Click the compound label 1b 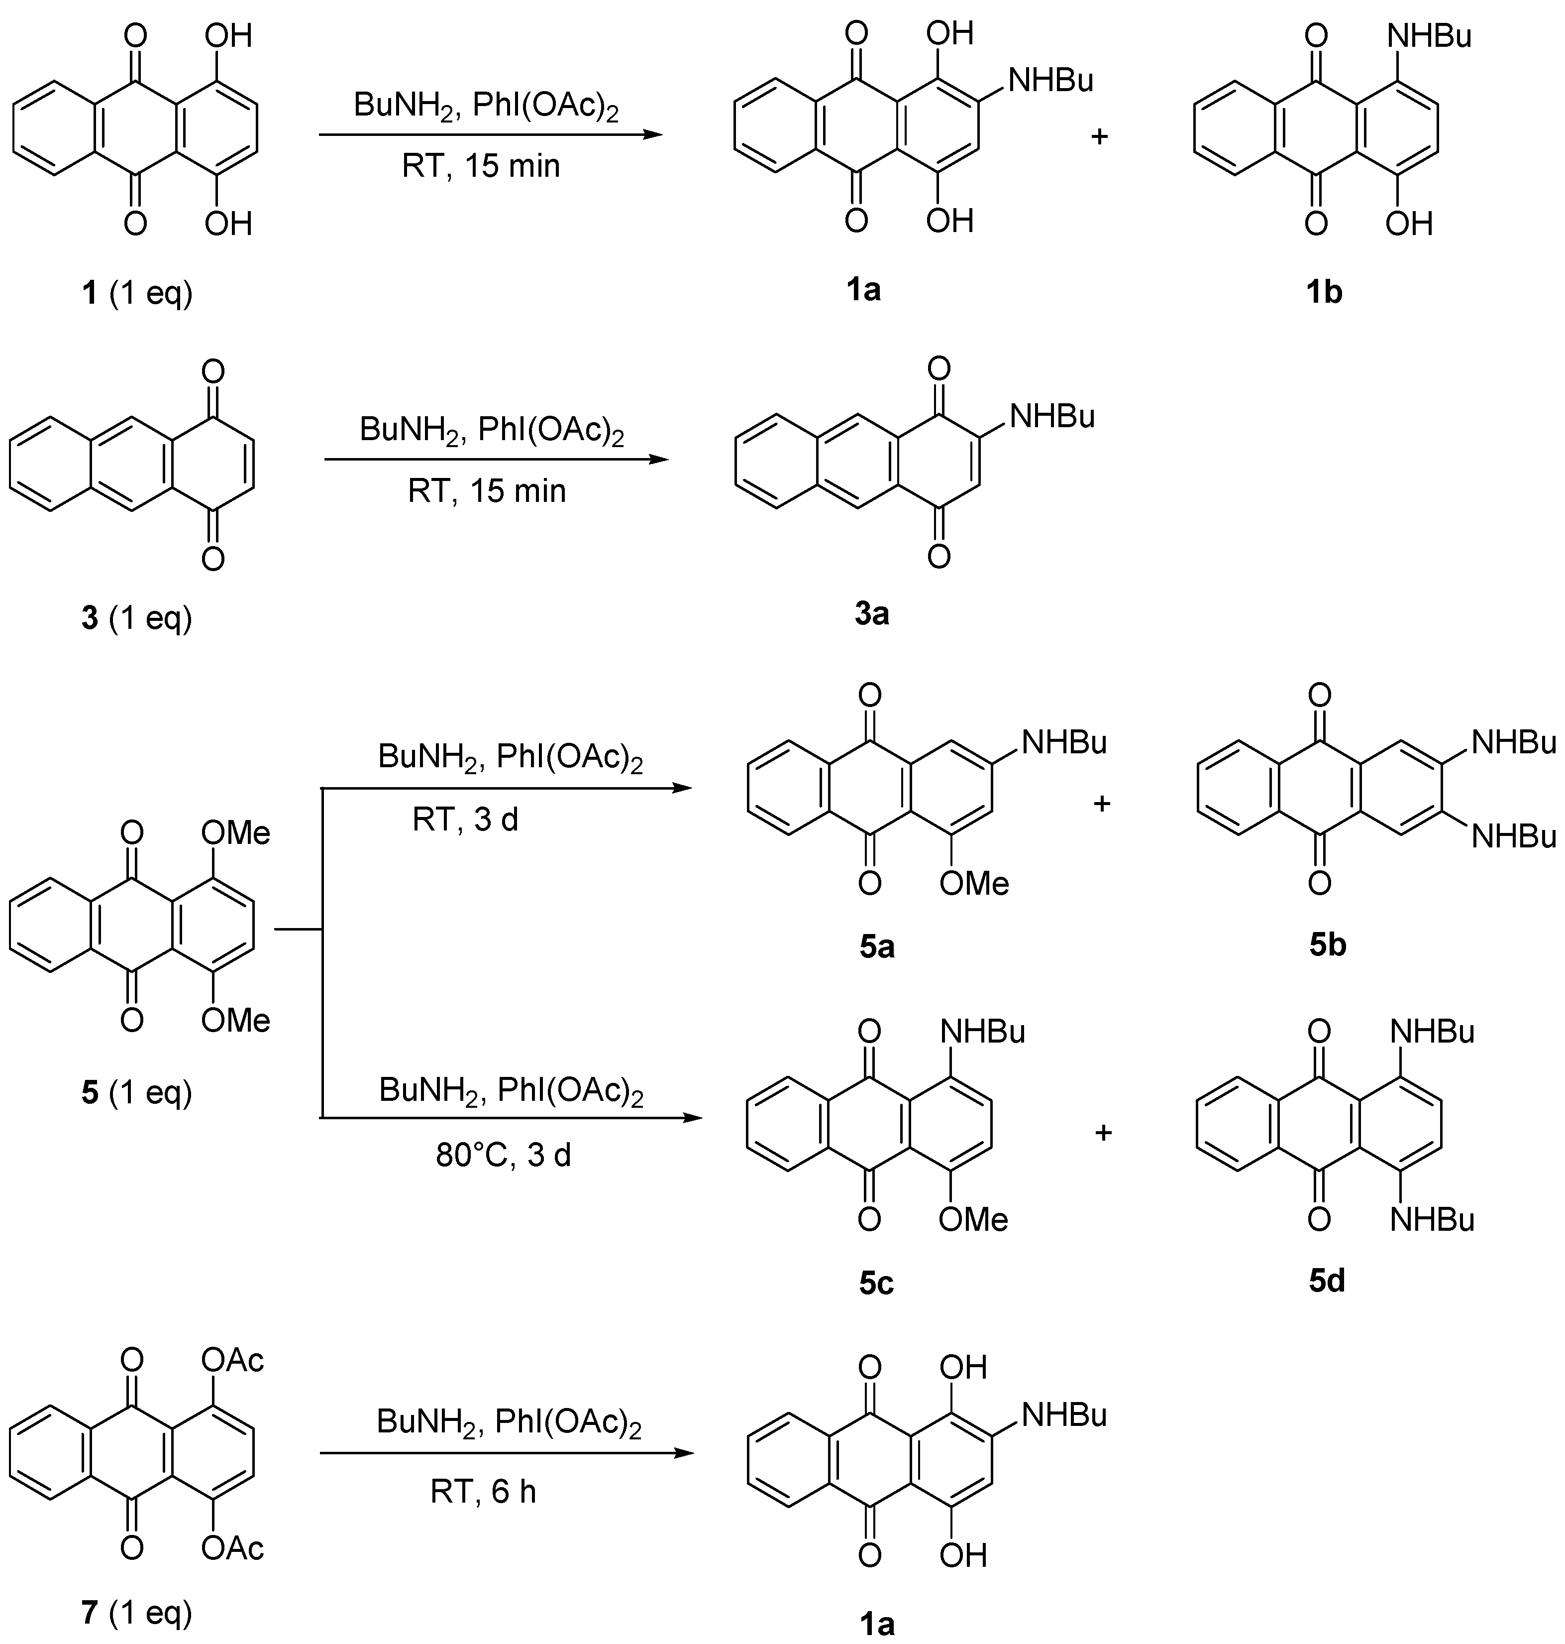1324,292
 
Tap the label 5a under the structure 877,946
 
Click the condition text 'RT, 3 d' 465,820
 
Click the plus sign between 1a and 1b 1100,136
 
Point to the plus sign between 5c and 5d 1103,1133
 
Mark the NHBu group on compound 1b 1429,36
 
